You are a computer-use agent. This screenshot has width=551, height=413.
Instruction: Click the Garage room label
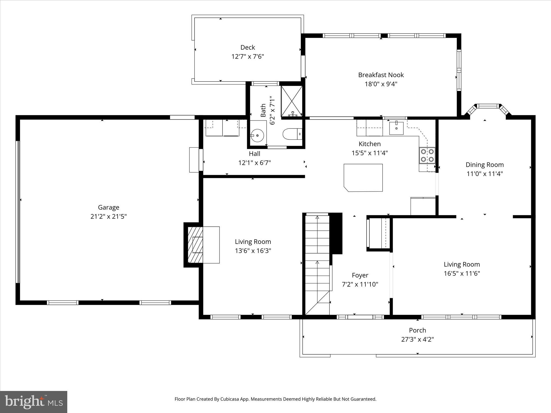tap(108, 207)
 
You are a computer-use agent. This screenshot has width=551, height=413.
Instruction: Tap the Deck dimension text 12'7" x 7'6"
tap(248, 57)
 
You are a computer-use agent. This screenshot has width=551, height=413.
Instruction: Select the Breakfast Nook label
tap(381, 75)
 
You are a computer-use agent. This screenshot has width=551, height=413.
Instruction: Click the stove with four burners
tap(427, 155)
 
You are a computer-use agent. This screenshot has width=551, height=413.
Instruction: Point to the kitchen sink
tap(396, 128)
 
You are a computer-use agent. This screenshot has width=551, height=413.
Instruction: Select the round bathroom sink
tap(257, 135)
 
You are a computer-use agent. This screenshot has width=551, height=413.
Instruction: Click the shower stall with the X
tap(292, 101)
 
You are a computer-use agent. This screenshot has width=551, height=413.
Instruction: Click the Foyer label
tap(360, 275)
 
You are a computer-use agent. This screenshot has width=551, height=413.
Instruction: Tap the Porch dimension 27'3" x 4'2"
tap(417, 339)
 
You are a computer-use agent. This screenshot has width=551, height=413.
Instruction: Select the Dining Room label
tap(485, 165)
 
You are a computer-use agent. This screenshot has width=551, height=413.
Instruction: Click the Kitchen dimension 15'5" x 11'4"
tap(369, 153)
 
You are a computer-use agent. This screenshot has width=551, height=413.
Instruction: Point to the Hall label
tap(254, 154)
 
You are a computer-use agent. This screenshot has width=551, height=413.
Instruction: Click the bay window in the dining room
tap(488, 106)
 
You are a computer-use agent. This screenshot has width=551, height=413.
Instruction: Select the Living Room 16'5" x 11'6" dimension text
tap(462, 273)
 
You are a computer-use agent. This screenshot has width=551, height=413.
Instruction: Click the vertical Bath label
tap(263, 110)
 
